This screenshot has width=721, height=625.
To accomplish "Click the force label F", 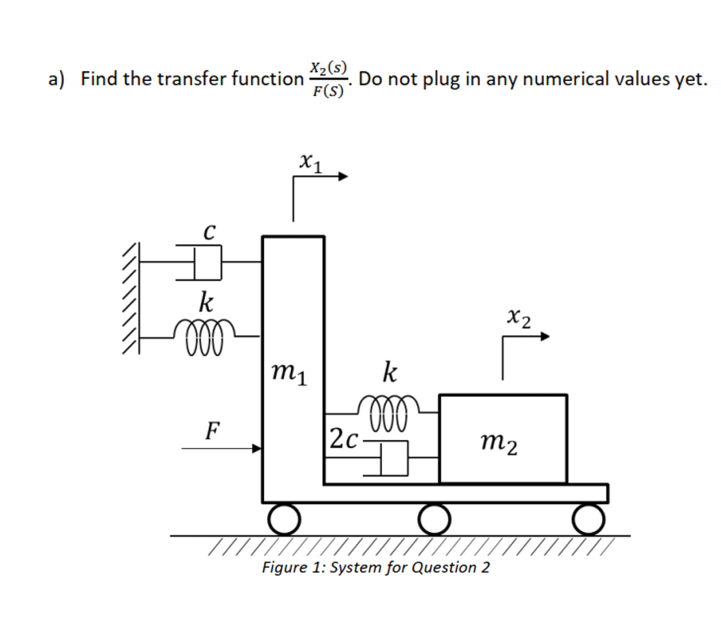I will [x=213, y=430].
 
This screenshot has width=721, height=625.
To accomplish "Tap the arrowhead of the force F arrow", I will [x=257, y=449].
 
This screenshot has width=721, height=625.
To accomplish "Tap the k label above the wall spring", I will [x=204, y=300].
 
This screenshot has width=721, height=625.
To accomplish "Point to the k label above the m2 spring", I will [x=389, y=373].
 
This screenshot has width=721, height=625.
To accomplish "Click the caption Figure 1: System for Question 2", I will [x=376, y=568].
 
